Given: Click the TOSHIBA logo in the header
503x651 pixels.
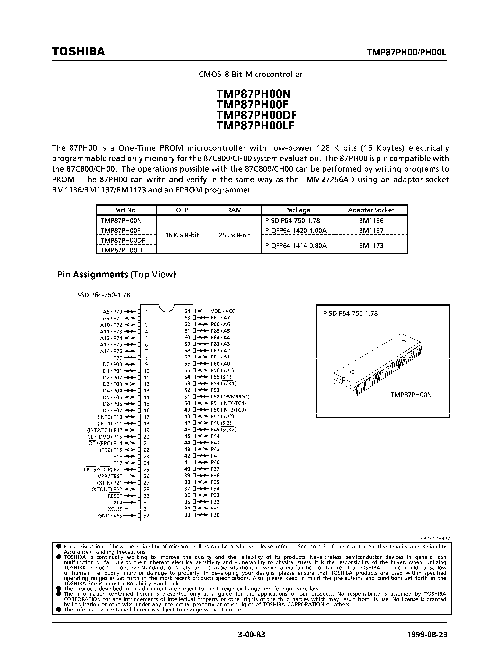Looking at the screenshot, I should pyautogui.click(x=78, y=51).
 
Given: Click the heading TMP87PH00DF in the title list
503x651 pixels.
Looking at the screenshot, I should pyautogui.click(x=256, y=115).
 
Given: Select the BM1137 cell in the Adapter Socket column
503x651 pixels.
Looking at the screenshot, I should pyautogui.click(x=371, y=230).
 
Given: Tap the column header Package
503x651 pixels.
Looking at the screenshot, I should pyautogui.click(x=297, y=210).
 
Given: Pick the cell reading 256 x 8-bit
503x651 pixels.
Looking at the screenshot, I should pyautogui.click(x=235, y=235).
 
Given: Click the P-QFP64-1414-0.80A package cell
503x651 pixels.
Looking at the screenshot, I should pyautogui.click(x=296, y=246).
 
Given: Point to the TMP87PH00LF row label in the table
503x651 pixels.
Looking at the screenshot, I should pyautogui.click(x=122, y=250).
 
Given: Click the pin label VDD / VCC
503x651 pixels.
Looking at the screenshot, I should pyautogui.click(x=223, y=311).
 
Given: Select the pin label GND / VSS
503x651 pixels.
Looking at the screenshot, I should pyautogui.click(x=110, y=516).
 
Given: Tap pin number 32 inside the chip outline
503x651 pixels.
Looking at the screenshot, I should pyautogui.click(x=146, y=516).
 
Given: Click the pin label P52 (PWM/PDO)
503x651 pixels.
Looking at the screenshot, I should pyautogui.click(x=230, y=397).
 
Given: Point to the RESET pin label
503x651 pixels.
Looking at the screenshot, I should pyautogui.click(x=115, y=496).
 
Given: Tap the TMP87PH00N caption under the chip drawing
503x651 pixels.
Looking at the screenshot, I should pyautogui.click(x=411, y=395).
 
